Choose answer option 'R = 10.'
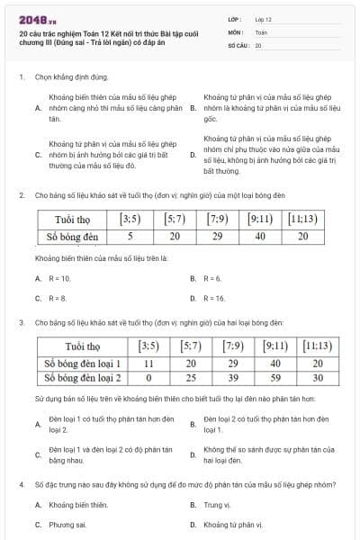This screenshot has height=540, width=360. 58,279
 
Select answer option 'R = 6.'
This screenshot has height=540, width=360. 212,279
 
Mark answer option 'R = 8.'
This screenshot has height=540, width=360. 57,298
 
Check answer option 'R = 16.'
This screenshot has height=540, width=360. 214,298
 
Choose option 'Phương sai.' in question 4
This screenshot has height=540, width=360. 67,524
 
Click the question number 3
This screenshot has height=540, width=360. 21,321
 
